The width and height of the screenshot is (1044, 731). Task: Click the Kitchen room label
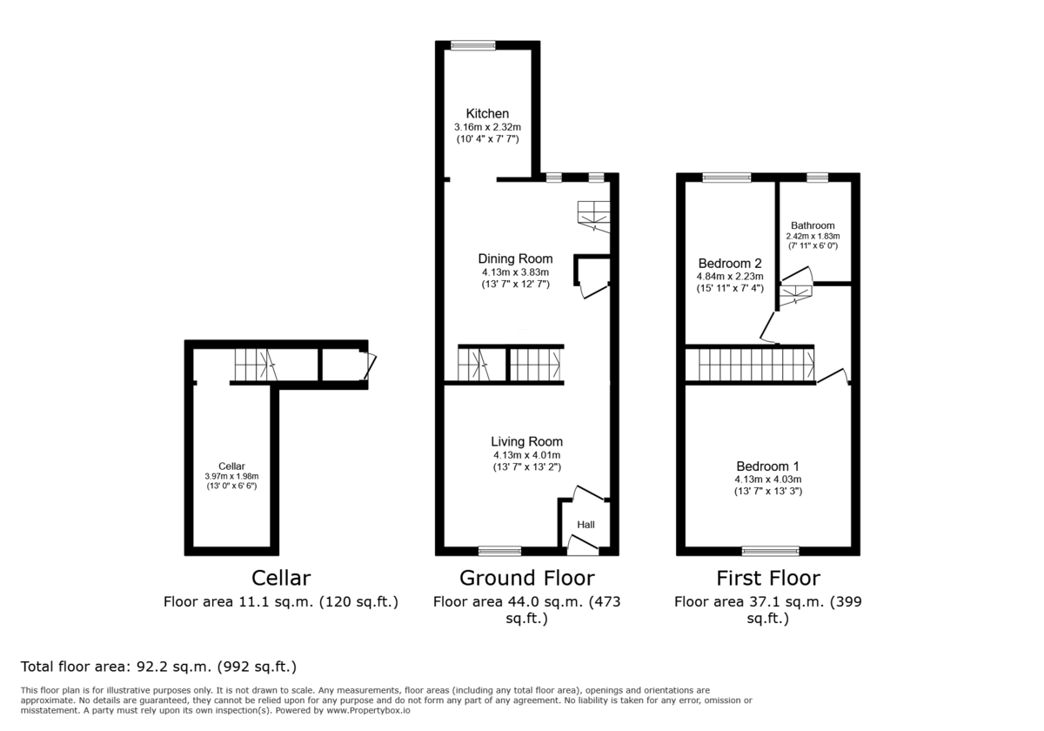487,114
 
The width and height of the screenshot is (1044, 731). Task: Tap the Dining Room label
515,258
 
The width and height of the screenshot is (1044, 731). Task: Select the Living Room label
526,441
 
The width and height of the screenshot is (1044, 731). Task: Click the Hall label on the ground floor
586,525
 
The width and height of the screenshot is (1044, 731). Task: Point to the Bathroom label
813,225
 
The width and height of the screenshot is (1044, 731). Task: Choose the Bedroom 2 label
730,264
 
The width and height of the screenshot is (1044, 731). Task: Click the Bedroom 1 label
767,466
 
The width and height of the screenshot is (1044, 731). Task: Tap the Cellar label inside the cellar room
231,466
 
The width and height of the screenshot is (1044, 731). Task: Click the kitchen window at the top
473,45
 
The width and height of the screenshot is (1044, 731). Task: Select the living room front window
499,550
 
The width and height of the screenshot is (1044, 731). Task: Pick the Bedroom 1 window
770,550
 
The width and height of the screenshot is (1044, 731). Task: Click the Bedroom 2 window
727,178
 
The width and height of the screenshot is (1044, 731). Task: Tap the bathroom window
817,178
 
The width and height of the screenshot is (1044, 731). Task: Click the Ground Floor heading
526,578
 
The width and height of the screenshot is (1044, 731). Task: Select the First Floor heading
767,578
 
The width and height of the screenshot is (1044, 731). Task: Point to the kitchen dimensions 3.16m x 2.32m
487,127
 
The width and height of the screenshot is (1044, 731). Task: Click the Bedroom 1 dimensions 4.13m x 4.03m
767,479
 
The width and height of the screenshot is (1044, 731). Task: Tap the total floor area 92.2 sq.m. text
158,667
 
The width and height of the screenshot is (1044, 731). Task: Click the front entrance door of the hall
583,547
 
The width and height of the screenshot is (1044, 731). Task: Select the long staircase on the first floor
750,365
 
